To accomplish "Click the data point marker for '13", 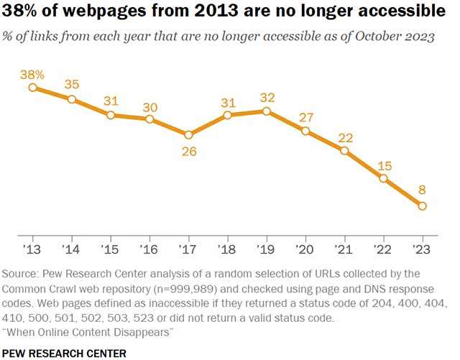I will [x=33, y=88].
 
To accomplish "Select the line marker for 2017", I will [x=188, y=134].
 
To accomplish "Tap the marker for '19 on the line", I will [x=267, y=111].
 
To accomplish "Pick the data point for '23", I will [x=422, y=206].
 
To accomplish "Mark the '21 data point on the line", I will [x=344, y=151].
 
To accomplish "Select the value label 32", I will [x=267, y=96].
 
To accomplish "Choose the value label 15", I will [x=384, y=164].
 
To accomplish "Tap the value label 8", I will [x=422, y=190].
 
